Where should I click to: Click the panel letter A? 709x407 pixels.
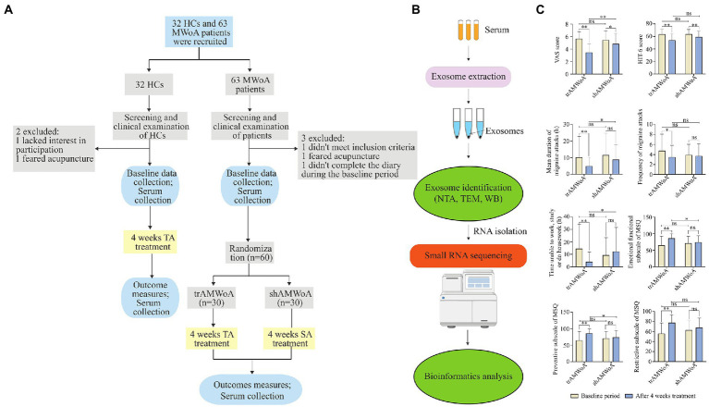coord(10,9)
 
